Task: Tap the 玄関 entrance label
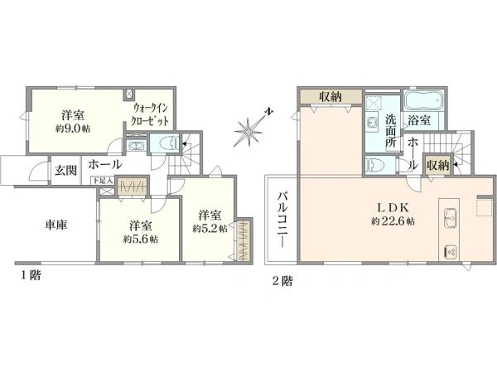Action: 65,170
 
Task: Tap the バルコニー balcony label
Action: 282,220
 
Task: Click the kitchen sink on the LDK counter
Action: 451,220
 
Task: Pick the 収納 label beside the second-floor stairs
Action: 438,166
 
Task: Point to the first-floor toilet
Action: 165,143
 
